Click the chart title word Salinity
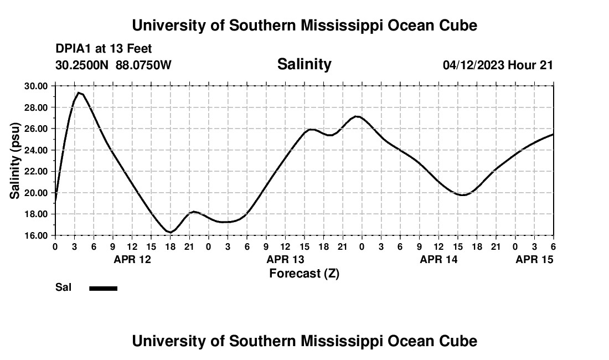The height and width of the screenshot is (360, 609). tap(304, 64)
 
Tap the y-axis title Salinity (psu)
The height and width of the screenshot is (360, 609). tap(16, 161)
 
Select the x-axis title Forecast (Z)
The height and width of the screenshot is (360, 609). tap(304, 274)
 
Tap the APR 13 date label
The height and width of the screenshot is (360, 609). tap(285, 259)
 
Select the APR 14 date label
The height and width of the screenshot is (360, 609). tap(438, 259)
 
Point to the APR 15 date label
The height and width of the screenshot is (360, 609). tap(534, 259)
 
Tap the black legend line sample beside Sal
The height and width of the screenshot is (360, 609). tap(103, 288)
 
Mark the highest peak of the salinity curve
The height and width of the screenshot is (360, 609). tap(79, 92)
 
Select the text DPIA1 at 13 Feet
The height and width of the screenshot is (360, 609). tap(104, 49)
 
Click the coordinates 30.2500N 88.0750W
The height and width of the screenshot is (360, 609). tap(113, 65)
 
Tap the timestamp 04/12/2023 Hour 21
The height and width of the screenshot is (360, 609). tap(498, 65)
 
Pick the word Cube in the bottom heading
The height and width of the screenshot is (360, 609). tap(461, 341)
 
